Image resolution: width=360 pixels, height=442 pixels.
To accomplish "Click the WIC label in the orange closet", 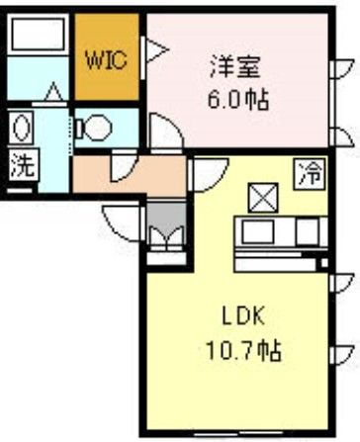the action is [x=106, y=59].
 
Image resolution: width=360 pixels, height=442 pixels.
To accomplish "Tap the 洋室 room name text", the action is [x=235, y=67].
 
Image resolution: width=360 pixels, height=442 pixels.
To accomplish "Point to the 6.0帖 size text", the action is [x=238, y=99].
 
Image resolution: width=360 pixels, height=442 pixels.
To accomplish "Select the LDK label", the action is [x=243, y=316].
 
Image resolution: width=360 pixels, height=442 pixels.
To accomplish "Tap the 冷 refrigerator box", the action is [x=310, y=174].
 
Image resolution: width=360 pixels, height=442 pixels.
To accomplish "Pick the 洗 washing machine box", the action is [x=22, y=165].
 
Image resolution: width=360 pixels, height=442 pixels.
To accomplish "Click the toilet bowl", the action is [x=95, y=128].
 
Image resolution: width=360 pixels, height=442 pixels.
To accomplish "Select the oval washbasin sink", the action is [x=21, y=128].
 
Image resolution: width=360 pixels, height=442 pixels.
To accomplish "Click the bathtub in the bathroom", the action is [x=38, y=35].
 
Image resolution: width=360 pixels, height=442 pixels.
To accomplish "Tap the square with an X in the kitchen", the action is [x=263, y=199].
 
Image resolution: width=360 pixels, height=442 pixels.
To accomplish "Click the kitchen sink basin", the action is [x=258, y=232].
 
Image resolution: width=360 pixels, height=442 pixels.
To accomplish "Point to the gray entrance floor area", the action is [x=166, y=218].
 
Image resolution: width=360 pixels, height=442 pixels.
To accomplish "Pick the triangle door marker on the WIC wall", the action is [x=156, y=50].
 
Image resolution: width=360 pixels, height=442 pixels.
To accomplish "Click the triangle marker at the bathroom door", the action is [x=53, y=92].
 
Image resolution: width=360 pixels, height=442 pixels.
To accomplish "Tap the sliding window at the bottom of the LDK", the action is [x=238, y=433].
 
